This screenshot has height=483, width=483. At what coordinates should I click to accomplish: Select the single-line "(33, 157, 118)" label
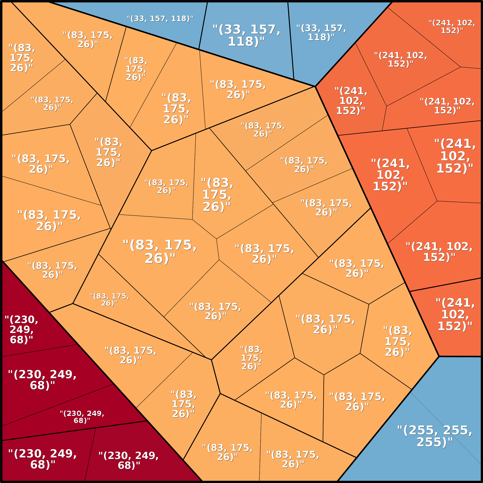pos(160,18)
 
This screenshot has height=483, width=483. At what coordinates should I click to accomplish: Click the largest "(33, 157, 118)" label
pos(246,35)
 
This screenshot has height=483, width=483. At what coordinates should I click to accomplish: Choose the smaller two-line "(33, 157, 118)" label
pos(321,32)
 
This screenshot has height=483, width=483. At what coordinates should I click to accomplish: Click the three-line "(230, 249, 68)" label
pos(22,330)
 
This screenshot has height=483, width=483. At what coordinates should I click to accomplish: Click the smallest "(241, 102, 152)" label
pos(452,27)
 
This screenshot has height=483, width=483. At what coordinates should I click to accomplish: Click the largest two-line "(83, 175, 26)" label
pos(160,251)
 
